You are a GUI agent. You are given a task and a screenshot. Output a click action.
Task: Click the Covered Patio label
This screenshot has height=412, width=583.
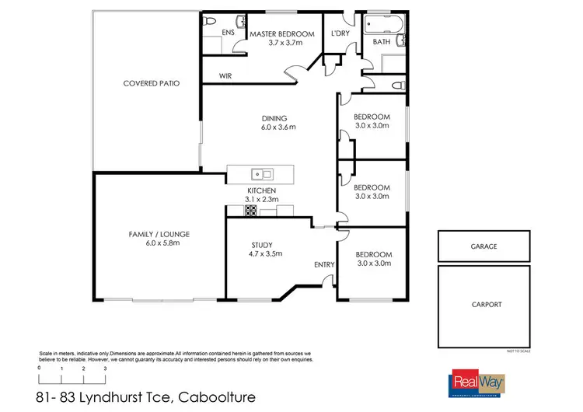[152, 83]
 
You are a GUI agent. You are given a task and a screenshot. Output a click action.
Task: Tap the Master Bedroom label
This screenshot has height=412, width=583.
[281, 34]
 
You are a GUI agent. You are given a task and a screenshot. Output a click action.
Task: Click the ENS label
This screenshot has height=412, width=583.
[228, 33]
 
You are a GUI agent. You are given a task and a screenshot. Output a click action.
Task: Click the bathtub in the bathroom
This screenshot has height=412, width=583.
[381, 23]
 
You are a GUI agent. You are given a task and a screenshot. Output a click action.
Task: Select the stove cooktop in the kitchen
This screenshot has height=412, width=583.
[251, 210]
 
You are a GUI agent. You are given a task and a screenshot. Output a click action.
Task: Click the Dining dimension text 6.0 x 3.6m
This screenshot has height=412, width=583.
[279, 127]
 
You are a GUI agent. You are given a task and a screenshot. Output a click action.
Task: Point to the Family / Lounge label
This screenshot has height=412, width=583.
[159, 234]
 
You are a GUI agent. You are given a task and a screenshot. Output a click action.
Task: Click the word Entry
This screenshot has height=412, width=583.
[324, 265]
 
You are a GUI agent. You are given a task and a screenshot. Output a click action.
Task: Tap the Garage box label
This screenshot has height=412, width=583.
[484, 246]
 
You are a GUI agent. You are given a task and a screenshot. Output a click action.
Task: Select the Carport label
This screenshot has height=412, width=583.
[487, 305]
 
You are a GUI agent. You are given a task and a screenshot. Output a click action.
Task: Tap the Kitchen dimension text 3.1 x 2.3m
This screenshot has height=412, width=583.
[262, 200]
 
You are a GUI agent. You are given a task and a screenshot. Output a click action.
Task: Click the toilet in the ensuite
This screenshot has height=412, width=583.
[210, 23]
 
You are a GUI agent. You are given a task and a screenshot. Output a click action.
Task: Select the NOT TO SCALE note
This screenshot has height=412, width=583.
[518, 351]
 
